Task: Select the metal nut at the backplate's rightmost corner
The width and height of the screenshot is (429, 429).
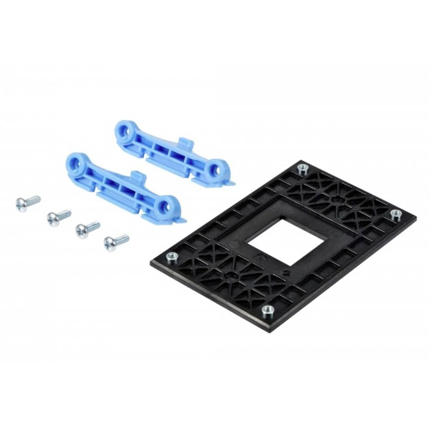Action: click(x=395, y=214)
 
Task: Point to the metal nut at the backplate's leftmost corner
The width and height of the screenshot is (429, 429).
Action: click(x=172, y=257)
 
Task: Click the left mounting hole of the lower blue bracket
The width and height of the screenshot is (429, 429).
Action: click(x=76, y=163)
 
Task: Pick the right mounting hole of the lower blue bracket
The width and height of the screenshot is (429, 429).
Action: click(x=168, y=205)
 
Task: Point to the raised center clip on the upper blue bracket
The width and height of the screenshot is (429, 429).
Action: click(x=185, y=143)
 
